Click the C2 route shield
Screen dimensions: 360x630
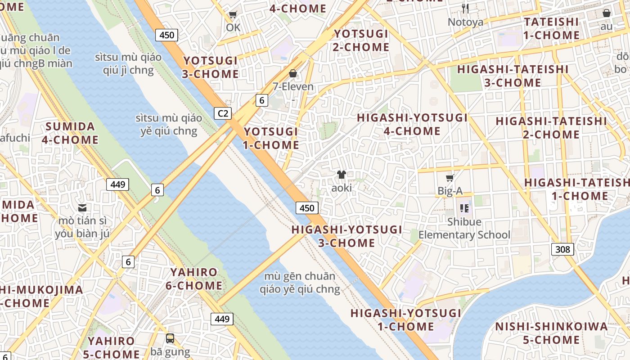pos(223,113)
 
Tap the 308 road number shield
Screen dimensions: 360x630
pos(562,249)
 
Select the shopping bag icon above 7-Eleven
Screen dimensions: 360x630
pos(293,73)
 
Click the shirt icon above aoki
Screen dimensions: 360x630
pos(341,175)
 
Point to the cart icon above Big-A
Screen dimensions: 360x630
pos(450,178)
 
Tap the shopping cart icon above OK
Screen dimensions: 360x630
pos(233,15)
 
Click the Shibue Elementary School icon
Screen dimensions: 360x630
pos(464,208)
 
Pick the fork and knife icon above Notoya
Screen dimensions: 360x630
pos(465,8)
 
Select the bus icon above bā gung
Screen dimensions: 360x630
pos(170,338)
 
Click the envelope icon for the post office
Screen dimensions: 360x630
pos(82,207)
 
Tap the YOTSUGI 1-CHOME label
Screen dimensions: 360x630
pos(271,138)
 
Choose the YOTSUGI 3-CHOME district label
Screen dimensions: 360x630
pos(211,67)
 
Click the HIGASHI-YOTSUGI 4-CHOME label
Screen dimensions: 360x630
pos(412,124)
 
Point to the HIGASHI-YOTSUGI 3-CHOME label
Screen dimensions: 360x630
pos(346,236)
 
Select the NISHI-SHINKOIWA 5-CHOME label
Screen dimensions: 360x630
pos(551,333)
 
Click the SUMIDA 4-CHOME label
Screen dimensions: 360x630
pos(70,133)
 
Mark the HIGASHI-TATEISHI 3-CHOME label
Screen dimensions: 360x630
pos(513,76)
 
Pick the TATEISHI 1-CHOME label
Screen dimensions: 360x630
pos(551,28)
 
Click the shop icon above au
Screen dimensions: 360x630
pos(606,13)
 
